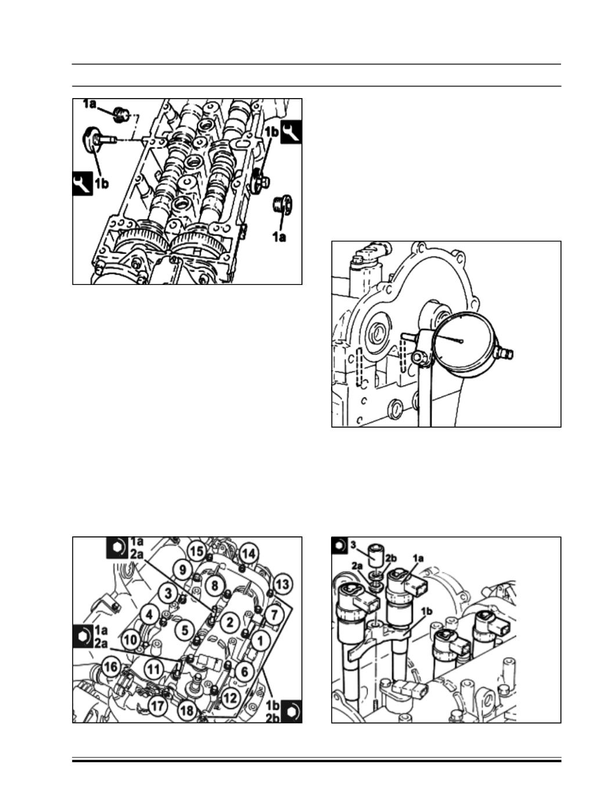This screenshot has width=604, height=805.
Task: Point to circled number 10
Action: click(x=131, y=640)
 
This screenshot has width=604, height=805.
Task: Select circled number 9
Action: click(x=182, y=569)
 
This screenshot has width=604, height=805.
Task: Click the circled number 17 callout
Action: click(x=157, y=706)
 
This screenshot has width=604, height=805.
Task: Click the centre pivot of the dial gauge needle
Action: click(x=461, y=341)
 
